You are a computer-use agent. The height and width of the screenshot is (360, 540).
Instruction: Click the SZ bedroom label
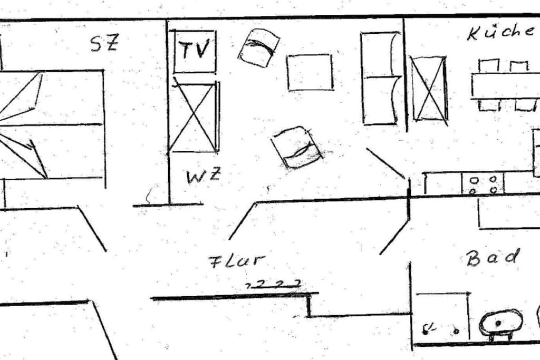(x=104, y=43)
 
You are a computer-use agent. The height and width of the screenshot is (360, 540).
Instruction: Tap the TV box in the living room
(x=195, y=52)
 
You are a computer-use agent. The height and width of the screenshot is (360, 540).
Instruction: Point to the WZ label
(x=203, y=176)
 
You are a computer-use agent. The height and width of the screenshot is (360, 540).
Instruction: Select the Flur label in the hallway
(x=237, y=261)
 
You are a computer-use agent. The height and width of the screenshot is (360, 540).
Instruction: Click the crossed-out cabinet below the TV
(x=195, y=116)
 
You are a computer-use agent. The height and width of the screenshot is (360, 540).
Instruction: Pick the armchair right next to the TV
(x=259, y=48)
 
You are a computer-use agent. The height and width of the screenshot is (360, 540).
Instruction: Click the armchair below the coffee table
(x=297, y=147)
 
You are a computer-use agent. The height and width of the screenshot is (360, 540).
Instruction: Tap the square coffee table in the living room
(x=310, y=72)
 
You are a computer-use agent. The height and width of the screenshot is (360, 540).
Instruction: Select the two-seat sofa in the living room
(x=381, y=78)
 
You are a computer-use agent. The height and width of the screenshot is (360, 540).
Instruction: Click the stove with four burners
(x=483, y=184)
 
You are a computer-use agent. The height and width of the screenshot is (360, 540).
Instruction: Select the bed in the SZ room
(x=52, y=124)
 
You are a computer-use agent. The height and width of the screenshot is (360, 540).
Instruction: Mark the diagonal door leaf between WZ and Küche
(x=385, y=163)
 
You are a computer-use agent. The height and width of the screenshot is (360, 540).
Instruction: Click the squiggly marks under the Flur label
(x=274, y=284)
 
